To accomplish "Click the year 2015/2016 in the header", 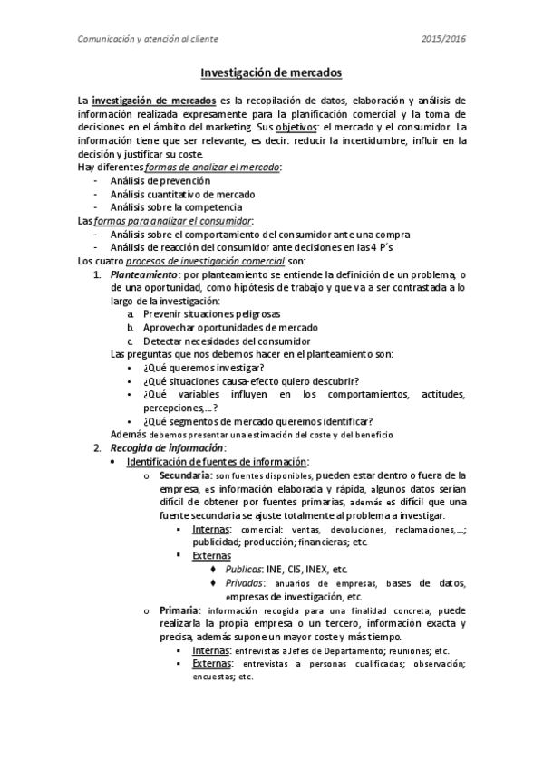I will tap(444, 39).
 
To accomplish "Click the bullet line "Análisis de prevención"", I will tap(160, 181).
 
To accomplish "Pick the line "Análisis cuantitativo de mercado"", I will tap(182, 195).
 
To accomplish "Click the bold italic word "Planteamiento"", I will tap(143, 274).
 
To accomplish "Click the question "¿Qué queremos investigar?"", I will tap(204, 367).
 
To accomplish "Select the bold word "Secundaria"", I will tap(185, 475).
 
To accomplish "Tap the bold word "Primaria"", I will tap(179, 610).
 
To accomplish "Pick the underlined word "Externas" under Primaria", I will tap(211, 664).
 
